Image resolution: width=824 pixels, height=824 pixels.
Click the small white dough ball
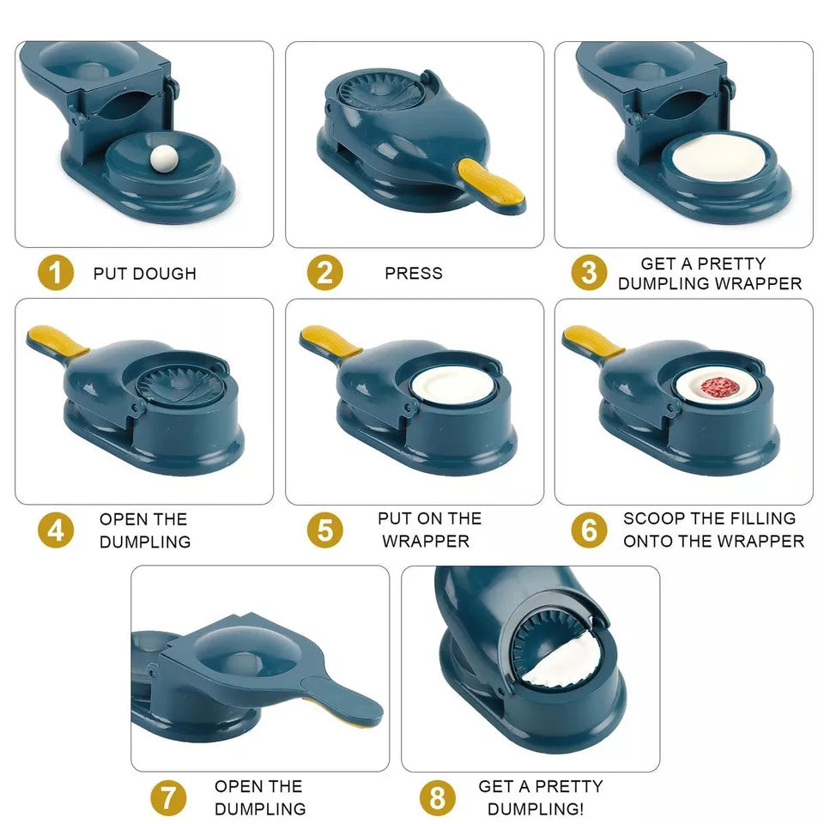click(x=164, y=158)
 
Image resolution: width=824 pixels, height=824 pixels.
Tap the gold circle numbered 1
click(x=56, y=272)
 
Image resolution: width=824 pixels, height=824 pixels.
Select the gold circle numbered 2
click(x=324, y=272)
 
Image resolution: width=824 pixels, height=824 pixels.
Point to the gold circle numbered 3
click(x=589, y=272)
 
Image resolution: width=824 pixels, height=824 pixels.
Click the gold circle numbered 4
click(x=56, y=530)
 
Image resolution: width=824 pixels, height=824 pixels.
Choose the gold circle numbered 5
click(x=324, y=530)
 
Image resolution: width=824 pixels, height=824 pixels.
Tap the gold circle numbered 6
click(x=589, y=530)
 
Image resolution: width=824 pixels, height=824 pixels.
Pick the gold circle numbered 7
click(x=168, y=797)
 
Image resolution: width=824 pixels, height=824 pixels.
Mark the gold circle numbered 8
click(x=437, y=797)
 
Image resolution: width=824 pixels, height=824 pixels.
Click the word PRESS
click(x=414, y=273)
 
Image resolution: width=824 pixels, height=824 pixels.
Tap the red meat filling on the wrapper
click(x=720, y=387)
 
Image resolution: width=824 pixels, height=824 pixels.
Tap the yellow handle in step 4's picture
click(x=57, y=340)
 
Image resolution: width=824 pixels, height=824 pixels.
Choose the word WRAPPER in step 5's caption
click(x=426, y=542)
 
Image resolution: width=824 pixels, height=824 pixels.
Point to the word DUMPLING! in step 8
click(x=536, y=809)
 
